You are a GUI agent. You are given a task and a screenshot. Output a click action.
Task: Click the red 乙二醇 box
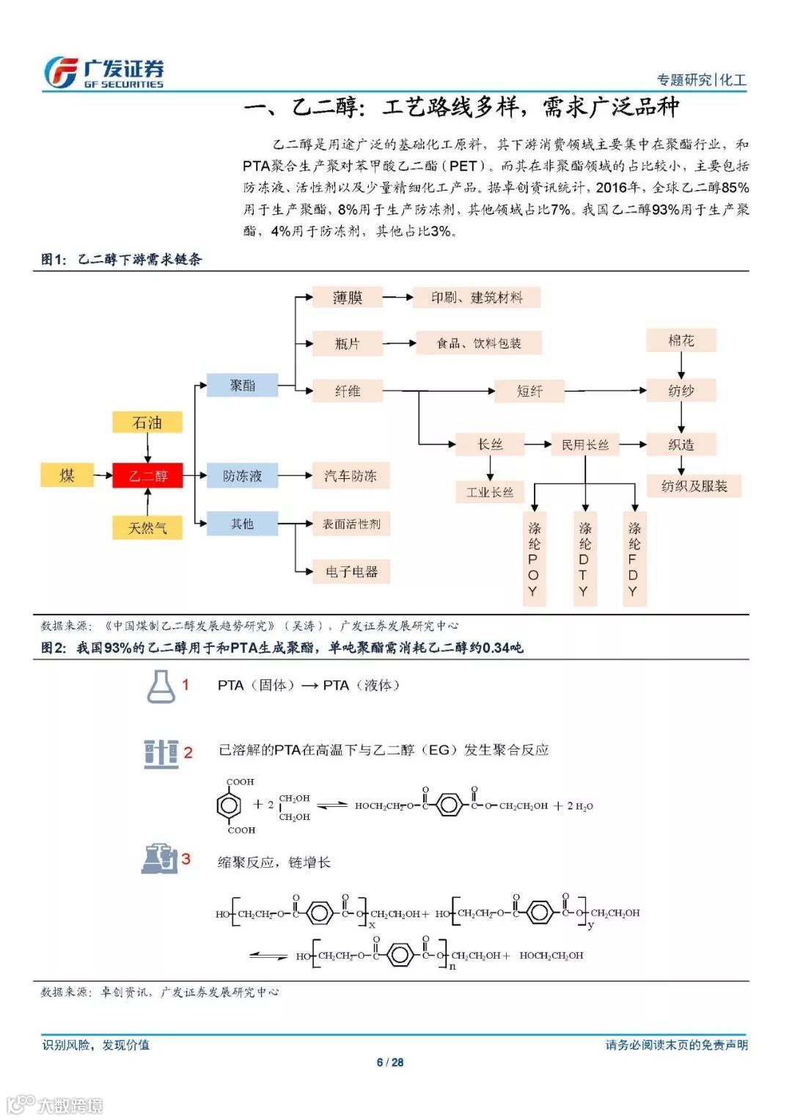coord(147,475)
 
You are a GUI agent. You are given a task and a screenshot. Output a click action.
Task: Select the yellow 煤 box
coord(67,475)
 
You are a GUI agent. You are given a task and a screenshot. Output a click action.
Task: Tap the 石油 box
coord(147,422)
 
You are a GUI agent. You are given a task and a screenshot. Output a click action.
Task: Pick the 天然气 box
coord(147,527)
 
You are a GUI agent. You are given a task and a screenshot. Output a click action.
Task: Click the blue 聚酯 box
coord(242,385)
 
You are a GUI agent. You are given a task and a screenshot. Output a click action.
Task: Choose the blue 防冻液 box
coord(242,475)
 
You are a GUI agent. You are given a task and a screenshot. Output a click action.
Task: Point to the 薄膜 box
coord(348,297)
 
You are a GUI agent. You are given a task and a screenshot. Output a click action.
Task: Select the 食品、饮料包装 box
coord(479,343)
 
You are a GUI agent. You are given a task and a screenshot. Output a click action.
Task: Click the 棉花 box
coord(681,340)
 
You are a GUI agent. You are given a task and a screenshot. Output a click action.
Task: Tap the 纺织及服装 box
coord(694,486)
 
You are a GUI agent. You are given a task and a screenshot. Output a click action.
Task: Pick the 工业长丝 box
coord(490,492)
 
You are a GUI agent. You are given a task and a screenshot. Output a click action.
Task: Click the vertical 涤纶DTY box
coord(584,559)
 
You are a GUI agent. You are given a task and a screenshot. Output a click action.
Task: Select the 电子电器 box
coord(351,571)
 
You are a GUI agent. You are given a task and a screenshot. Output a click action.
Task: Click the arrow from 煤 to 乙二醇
coord(103,475)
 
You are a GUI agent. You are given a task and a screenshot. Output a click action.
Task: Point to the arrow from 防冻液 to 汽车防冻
coord(296,475)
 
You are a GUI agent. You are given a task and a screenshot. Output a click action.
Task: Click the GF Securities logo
coord(103,73)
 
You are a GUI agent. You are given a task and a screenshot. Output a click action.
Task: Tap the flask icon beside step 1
coord(161,687)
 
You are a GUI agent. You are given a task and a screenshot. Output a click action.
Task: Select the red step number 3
coord(186,859)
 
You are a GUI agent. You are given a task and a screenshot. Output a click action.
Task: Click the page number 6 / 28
coord(390,1062)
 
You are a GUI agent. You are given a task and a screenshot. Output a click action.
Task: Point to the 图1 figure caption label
coord(54,259)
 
